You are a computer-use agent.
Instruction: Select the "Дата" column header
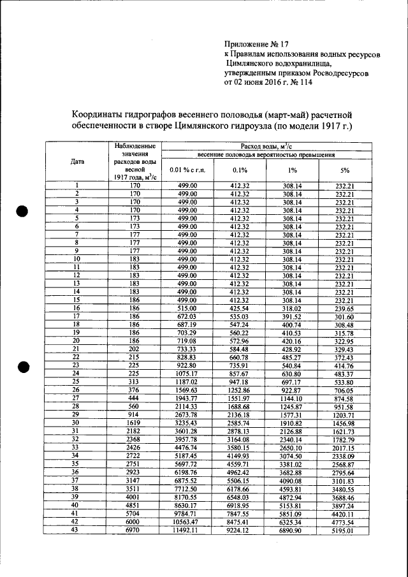(x=78, y=161)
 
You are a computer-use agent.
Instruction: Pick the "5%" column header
(x=345, y=170)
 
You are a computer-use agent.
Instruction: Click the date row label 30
(x=76, y=422)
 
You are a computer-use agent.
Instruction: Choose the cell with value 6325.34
(x=293, y=521)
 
